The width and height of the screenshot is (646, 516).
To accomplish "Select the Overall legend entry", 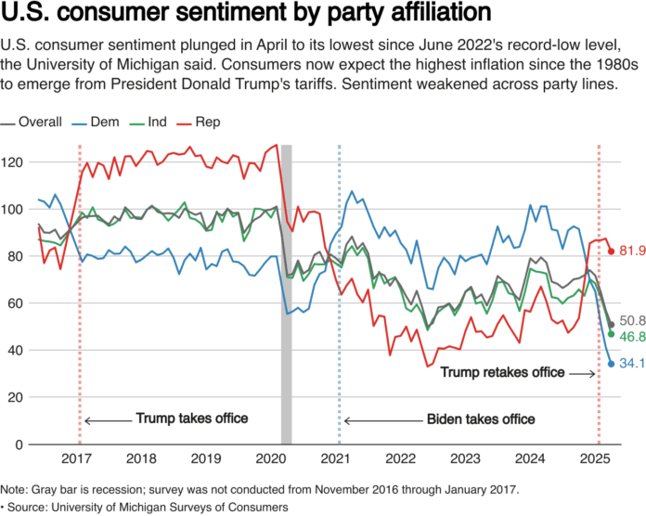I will point(34,122).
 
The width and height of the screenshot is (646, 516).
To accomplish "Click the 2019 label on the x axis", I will point(205,459).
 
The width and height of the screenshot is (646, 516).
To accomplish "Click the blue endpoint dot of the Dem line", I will point(611,364).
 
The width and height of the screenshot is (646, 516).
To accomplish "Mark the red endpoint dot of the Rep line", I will point(611,252).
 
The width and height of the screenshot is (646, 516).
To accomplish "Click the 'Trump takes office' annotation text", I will point(192,419).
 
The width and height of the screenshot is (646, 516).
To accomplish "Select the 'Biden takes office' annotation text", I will point(481,419).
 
